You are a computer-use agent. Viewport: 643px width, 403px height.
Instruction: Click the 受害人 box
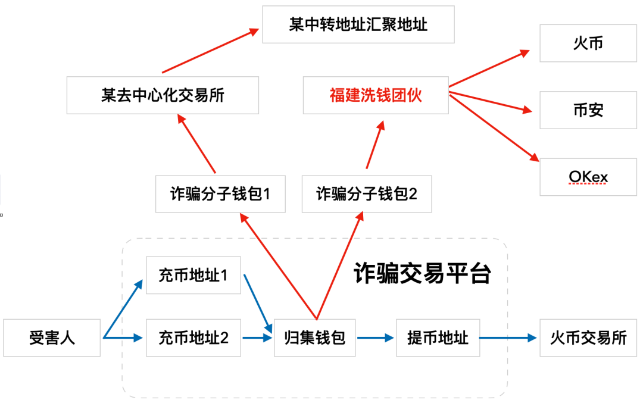pyautogui.click(x=52, y=338)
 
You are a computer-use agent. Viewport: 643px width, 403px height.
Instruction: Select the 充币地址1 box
pyautogui.click(x=193, y=276)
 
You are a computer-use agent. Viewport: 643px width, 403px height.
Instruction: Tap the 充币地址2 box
pyautogui.click(x=193, y=338)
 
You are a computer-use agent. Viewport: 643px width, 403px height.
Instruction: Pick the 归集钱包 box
pyautogui.click(x=315, y=338)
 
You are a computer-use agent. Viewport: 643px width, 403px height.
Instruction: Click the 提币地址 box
pyautogui.click(x=438, y=338)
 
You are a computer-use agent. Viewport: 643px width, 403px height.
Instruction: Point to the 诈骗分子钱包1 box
pyautogui.click(x=220, y=193)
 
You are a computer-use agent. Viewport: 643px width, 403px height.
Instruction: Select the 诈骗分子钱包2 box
pyautogui.click(x=367, y=193)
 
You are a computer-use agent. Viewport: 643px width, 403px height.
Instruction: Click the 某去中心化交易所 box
pyautogui.click(x=163, y=95)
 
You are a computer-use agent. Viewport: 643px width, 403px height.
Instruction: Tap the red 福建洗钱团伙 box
pyautogui.click(x=375, y=95)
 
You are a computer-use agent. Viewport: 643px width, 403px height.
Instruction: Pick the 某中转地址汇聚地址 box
pyautogui.click(x=358, y=25)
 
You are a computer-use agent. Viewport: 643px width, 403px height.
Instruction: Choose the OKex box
pyautogui.click(x=588, y=177)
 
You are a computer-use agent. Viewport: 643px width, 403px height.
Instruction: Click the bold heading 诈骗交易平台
pyautogui.click(x=422, y=274)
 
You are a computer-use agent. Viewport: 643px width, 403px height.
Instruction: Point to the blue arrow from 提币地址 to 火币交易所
pyautogui.click(x=509, y=338)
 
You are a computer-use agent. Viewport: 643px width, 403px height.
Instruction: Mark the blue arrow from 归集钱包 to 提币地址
pyautogui.click(x=376, y=338)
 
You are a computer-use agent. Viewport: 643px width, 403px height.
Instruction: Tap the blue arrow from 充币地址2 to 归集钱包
pyautogui.click(x=257, y=338)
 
